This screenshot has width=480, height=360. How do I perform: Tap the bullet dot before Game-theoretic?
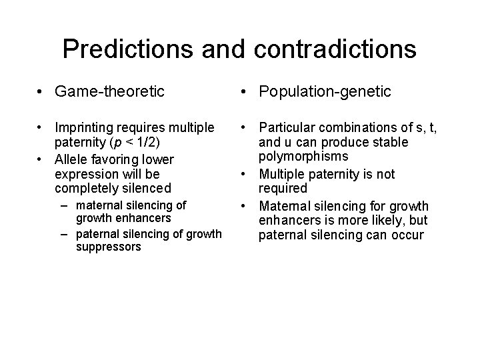[42, 92]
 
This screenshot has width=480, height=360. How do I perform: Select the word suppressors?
[108, 247]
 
